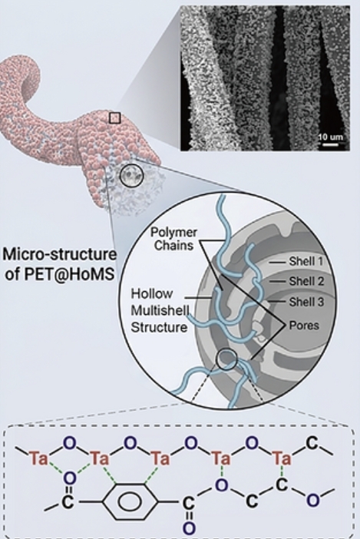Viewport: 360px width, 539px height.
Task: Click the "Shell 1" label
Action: point(306,261)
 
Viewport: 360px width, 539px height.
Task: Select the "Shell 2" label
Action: point(306,281)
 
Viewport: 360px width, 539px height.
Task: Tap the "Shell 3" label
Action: point(306,302)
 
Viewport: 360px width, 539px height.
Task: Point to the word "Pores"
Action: point(304,326)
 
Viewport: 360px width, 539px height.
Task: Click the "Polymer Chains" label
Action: point(173,239)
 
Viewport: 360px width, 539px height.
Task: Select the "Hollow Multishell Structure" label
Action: point(160,310)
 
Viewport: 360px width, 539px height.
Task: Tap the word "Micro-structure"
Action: point(59,255)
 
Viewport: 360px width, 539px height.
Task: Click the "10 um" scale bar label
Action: point(330,137)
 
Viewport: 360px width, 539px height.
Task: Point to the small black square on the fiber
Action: point(114,118)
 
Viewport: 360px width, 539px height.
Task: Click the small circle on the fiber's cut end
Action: point(131,176)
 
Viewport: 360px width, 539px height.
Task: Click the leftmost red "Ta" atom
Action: point(38,458)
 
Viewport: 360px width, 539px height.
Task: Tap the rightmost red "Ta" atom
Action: point(282,458)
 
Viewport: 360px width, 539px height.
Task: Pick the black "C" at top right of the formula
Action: point(312,443)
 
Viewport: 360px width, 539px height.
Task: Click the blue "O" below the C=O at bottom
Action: point(189,528)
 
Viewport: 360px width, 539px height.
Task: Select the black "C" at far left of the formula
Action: point(68,502)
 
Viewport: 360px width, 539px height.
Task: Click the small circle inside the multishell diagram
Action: point(226,359)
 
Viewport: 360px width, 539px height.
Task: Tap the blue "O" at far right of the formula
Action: point(312,501)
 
